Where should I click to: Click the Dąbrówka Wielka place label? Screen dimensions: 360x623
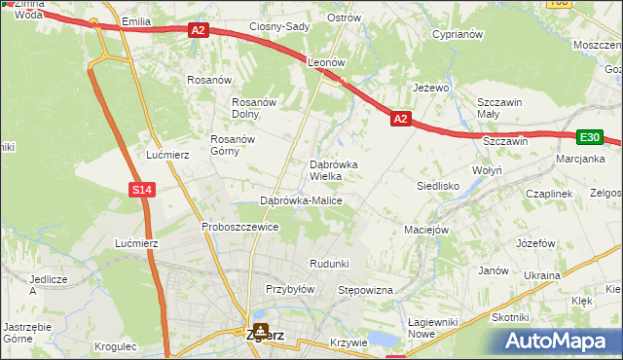tap(333, 170)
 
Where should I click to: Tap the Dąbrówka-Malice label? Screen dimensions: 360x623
tap(301, 200)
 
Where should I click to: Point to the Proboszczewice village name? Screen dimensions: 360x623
tap(240, 227)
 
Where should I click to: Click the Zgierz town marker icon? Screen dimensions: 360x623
tap(260, 329)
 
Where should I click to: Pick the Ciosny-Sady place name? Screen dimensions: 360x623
tap(279, 27)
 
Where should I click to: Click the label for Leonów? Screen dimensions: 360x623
tap(327, 61)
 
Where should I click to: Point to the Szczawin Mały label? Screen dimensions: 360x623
tap(500, 108)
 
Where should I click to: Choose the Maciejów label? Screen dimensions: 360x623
tap(425, 231)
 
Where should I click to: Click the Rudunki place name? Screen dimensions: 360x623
tap(329, 264)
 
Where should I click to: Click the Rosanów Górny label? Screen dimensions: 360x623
tap(233, 145)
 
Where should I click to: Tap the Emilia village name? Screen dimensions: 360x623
tap(136, 20)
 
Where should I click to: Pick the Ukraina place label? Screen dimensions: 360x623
tap(542, 275)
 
